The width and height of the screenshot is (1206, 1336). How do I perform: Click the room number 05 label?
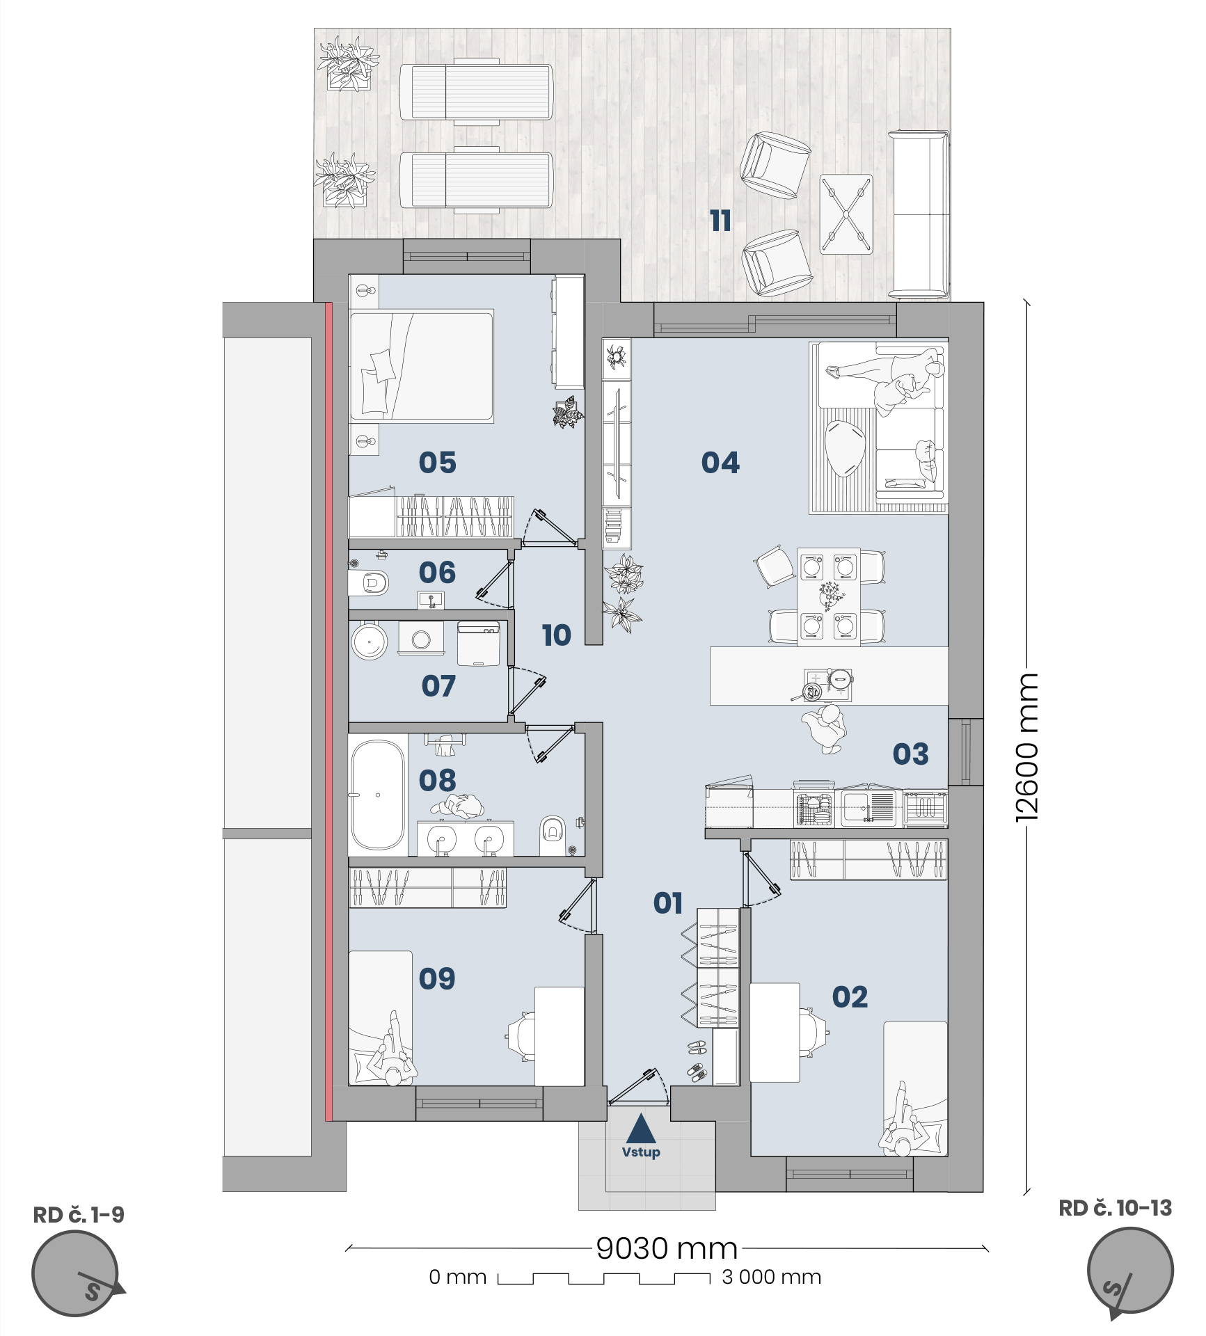tap(437, 462)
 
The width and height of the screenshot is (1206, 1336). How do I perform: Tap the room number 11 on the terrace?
tap(720, 221)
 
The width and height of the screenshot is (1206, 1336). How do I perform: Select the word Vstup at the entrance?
tap(641, 1152)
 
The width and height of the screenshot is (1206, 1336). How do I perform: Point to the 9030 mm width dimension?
tap(667, 1248)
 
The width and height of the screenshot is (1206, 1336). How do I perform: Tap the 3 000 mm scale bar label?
tap(772, 1277)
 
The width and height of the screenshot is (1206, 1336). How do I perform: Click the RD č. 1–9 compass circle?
tap(75, 1273)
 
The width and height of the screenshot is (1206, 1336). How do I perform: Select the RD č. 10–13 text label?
tap(1115, 1208)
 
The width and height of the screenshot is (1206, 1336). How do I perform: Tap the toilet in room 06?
tap(368, 582)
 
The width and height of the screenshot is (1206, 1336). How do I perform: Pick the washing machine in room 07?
tap(421, 638)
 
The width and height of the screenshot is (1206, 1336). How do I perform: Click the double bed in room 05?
tap(422, 366)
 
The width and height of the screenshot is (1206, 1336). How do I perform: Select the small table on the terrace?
tap(846, 214)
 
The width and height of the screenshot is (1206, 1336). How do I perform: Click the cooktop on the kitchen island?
tap(827, 685)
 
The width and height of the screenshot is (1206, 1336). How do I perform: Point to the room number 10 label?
tap(556, 635)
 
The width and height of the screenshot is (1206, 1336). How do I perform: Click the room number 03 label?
tap(910, 754)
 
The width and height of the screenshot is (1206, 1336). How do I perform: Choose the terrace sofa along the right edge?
tap(919, 214)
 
